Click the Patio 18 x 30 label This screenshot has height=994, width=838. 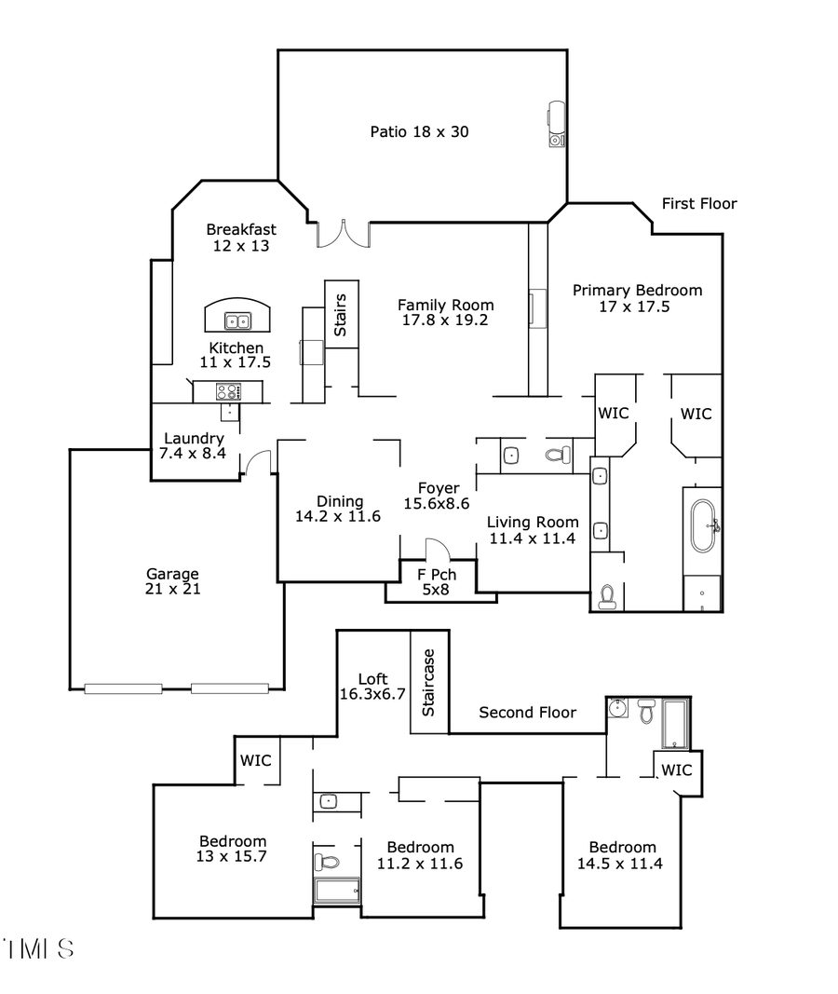coord(419,131)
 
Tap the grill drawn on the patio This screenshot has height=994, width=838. coord(555,124)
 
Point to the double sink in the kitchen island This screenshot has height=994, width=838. coord(237,321)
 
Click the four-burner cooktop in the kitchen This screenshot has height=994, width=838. coord(227,391)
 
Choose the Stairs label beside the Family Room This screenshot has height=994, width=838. coord(341,314)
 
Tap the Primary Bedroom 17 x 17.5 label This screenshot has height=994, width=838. coord(637,298)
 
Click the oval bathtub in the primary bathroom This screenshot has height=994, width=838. coord(702,527)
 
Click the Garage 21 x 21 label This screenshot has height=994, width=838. coord(172,581)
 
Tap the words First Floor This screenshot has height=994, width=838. coord(698,203)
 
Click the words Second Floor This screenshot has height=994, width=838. coord(527,713)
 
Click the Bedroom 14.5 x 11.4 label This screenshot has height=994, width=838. coord(622,855)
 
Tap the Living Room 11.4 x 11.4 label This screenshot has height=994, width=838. coord(533,530)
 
